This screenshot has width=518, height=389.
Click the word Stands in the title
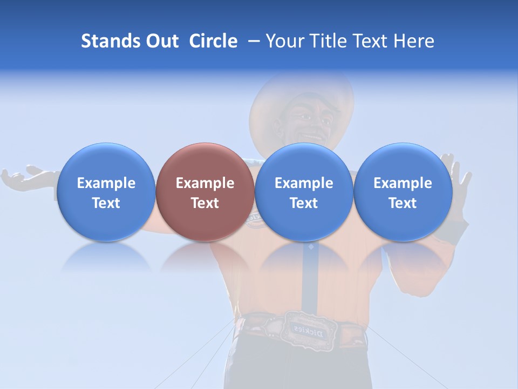tap(110, 41)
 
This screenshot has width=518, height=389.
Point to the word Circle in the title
tap(213, 41)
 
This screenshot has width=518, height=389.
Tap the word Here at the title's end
tap(414, 41)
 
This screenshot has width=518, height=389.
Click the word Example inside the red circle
tap(205, 183)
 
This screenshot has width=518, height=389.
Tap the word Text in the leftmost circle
tap(106, 203)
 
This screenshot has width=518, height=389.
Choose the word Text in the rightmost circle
tap(403, 203)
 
